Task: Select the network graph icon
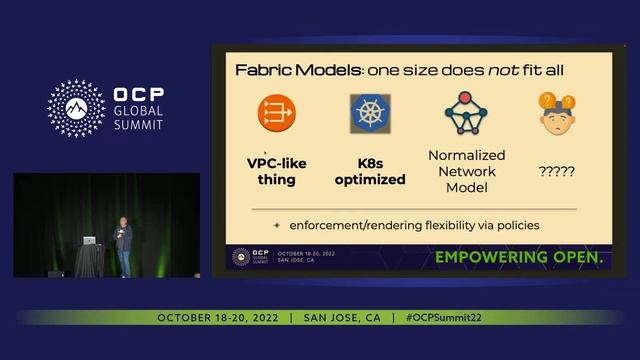pyautogui.click(x=464, y=114)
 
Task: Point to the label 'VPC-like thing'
pyautogui.click(x=277, y=170)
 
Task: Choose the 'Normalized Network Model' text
pyautogui.click(x=466, y=170)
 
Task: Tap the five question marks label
pyautogui.click(x=556, y=171)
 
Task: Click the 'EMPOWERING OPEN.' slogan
pyautogui.click(x=518, y=258)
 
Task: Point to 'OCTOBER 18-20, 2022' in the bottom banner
pyautogui.click(x=219, y=317)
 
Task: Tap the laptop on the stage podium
pyautogui.click(x=90, y=241)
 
